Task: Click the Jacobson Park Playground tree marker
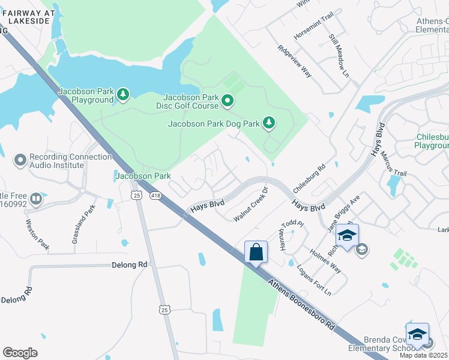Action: point(123,94)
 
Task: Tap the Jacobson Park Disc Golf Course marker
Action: point(228,102)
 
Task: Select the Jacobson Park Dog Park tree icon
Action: point(270,123)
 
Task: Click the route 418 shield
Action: point(156,196)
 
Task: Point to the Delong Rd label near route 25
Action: point(130,264)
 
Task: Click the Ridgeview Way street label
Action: point(295,61)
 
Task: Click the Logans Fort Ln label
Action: point(315,278)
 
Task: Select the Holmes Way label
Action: point(324,260)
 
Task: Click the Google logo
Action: point(20,352)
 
